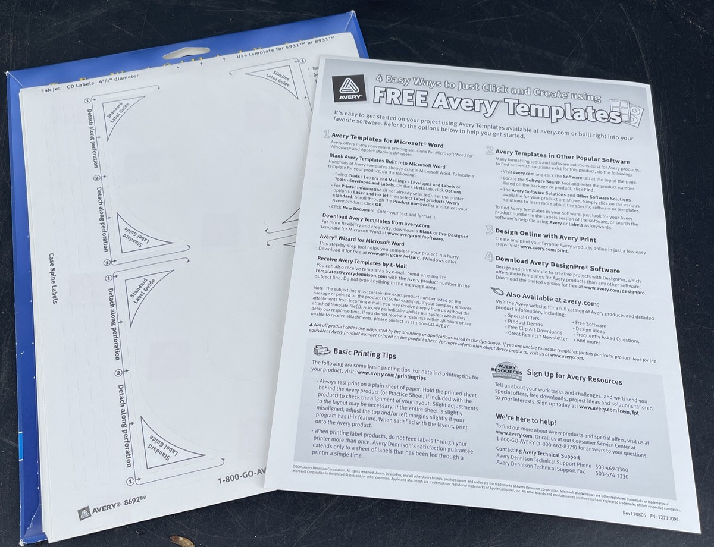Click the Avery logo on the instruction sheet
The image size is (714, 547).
pyautogui.click(x=345, y=89)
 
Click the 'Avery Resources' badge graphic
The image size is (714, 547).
pyautogui.click(x=506, y=370)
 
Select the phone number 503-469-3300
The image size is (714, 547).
pyautogui.click(x=612, y=469)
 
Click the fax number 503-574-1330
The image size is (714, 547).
pyautogui.click(x=612, y=476)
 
